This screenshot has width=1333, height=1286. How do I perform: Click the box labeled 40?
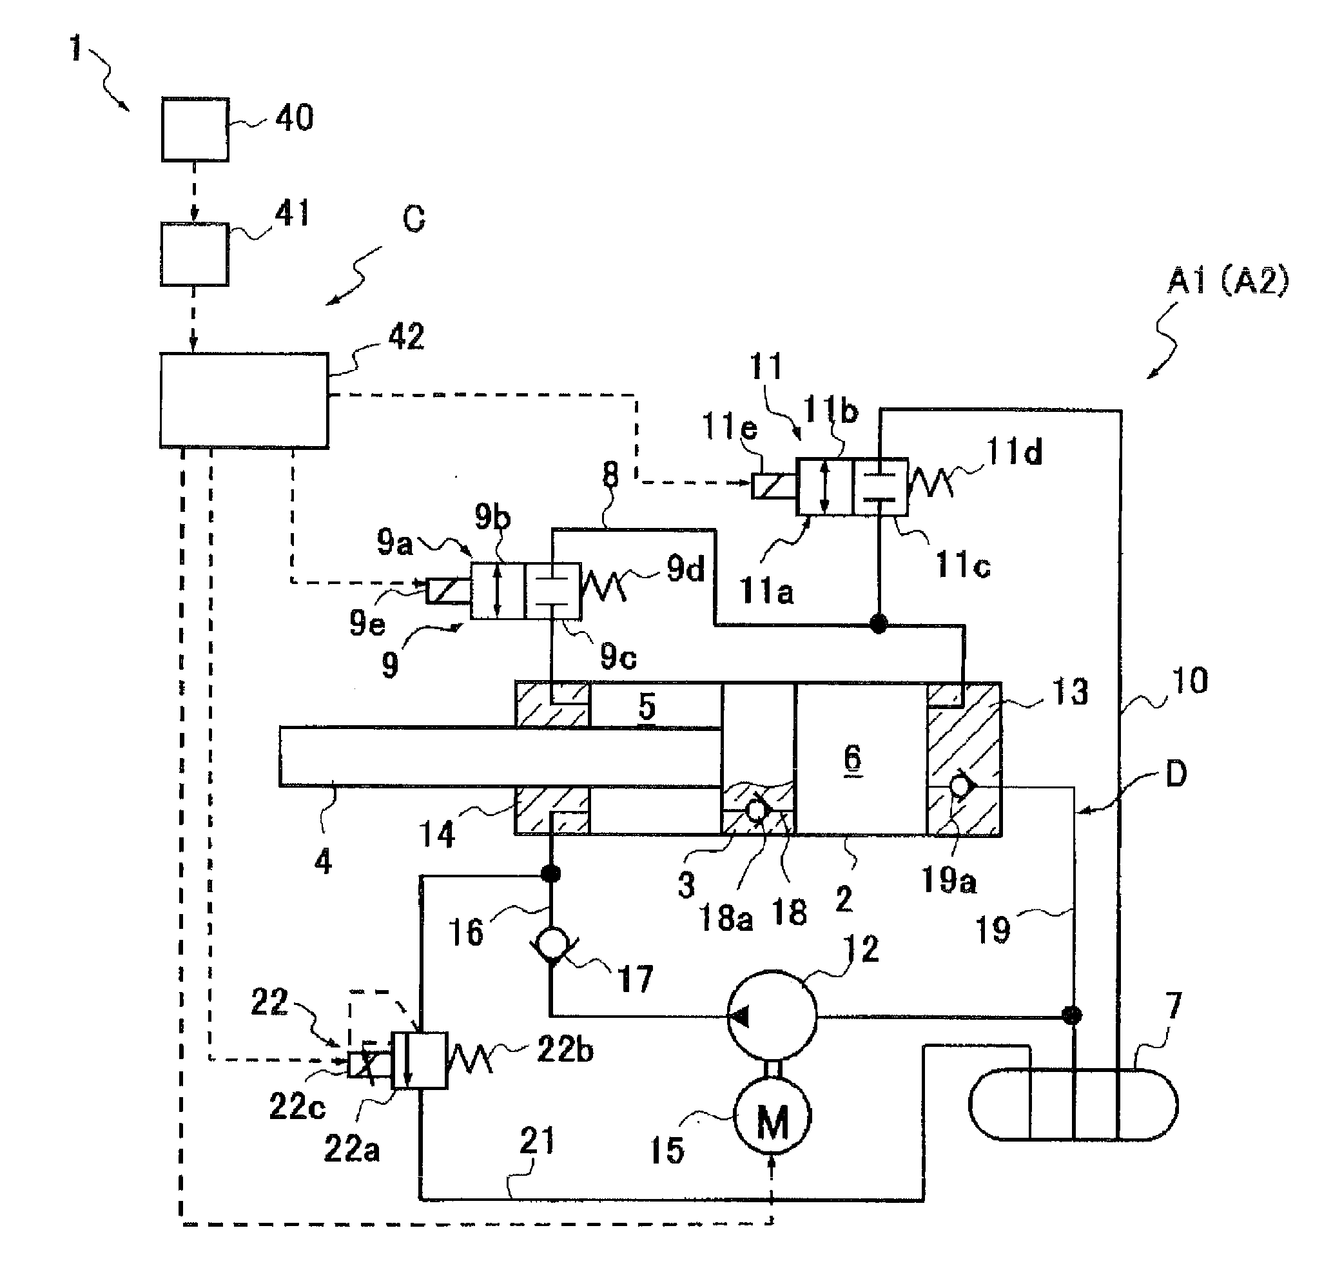coord(195,129)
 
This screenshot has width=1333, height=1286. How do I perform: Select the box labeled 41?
coord(194,254)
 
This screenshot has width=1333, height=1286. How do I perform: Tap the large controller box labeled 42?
coord(244,400)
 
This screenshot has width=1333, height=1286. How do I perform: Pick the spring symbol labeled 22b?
coord(469,1060)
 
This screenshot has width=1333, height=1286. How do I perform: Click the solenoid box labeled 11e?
coord(774,485)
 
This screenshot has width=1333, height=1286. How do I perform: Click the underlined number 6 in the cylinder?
coord(852,757)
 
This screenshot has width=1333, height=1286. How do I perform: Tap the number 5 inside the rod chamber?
coord(646,706)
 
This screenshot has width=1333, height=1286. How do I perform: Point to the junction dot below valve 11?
coord(879,623)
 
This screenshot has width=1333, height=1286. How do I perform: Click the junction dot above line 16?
coord(551,873)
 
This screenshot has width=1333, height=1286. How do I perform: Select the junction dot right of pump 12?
coord(1072,1016)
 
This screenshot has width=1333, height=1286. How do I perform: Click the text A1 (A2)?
coord(1227,281)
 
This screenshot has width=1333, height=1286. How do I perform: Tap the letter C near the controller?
coord(414,219)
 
